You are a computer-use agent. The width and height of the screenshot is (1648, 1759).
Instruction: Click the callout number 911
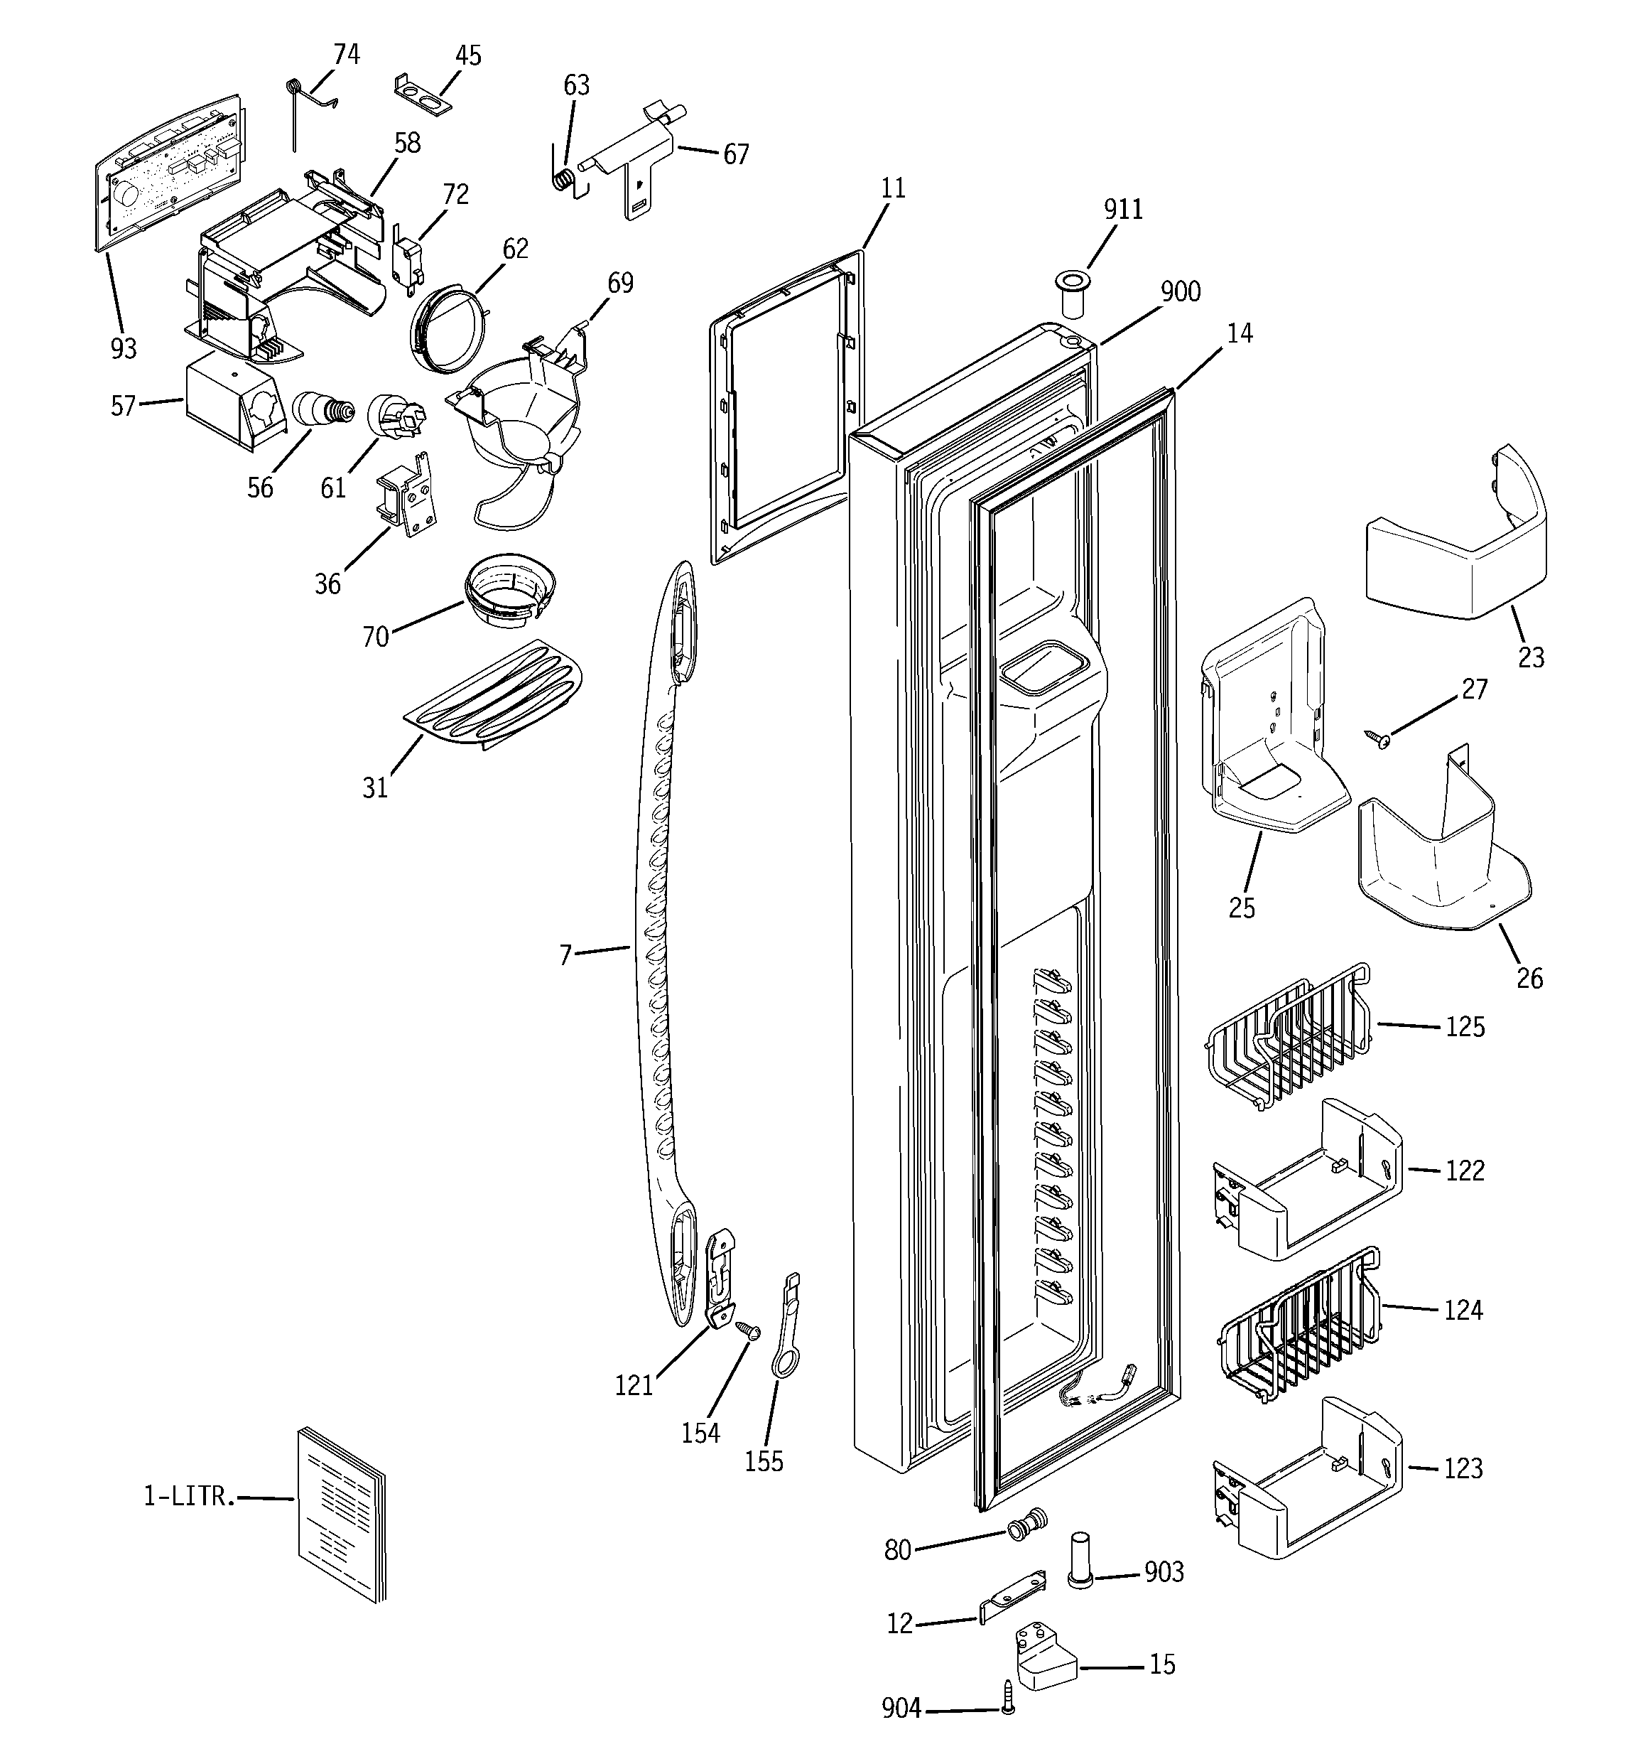1122,210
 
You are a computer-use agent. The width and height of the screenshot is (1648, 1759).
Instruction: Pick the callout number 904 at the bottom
901,1709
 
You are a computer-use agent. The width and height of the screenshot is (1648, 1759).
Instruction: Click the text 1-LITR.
189,1496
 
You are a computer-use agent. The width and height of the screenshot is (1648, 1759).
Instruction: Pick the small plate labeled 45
422,95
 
